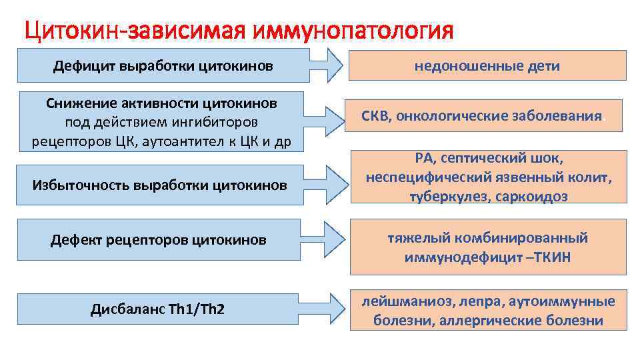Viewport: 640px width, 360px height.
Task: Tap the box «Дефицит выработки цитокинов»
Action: [x=163, y=66]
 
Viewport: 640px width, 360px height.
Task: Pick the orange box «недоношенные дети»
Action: [x=487, y=66]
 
